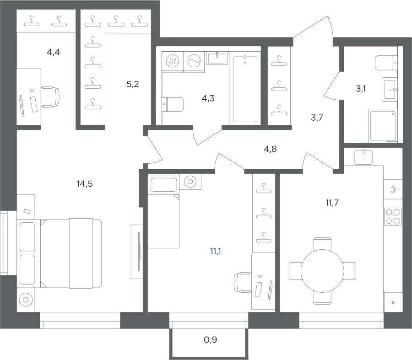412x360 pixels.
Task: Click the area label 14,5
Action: pyautogui.click(x=85, y=184)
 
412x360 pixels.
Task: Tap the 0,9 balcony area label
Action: pyautogui.click(x=210, y=340)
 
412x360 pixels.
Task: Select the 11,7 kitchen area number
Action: pyautogui.click(x=332, y=203)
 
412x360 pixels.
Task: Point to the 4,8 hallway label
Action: pyautogui.click(x=270, y=149)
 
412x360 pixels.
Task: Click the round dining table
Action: pyautogui.click(x=322, y=271)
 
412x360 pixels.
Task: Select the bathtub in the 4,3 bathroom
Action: pyautogui.click(x=245, y=89)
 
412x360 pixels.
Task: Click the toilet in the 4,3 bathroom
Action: pyautogui.click(x=173, y=104)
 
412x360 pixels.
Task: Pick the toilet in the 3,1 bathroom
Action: pyautogui.click(x=386, y=63)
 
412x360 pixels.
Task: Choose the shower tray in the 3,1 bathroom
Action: pyautogui.click(x=383, y=126)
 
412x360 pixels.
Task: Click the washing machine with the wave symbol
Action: pyautogui.click(x=194, y=61)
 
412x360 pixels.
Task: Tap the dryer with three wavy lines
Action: pyautogui.click(x=173, y=61)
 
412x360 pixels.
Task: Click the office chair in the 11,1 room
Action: pyautogui.click(x=243, y=282)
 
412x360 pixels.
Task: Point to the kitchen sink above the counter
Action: pyautogui.click(x=363, y=157)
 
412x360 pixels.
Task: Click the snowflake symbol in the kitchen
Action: pyautogui.click(x=393, y=303)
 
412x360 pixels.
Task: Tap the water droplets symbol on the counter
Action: pyautogui.click(x=393, y=189)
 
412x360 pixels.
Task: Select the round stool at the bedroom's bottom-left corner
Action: pyautogui.click(x=26, y=300)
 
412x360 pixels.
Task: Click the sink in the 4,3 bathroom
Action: pyautogui.click(x=217, y=58)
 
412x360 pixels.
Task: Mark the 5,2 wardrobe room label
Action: pyautogui.click(x=133, y=84)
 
